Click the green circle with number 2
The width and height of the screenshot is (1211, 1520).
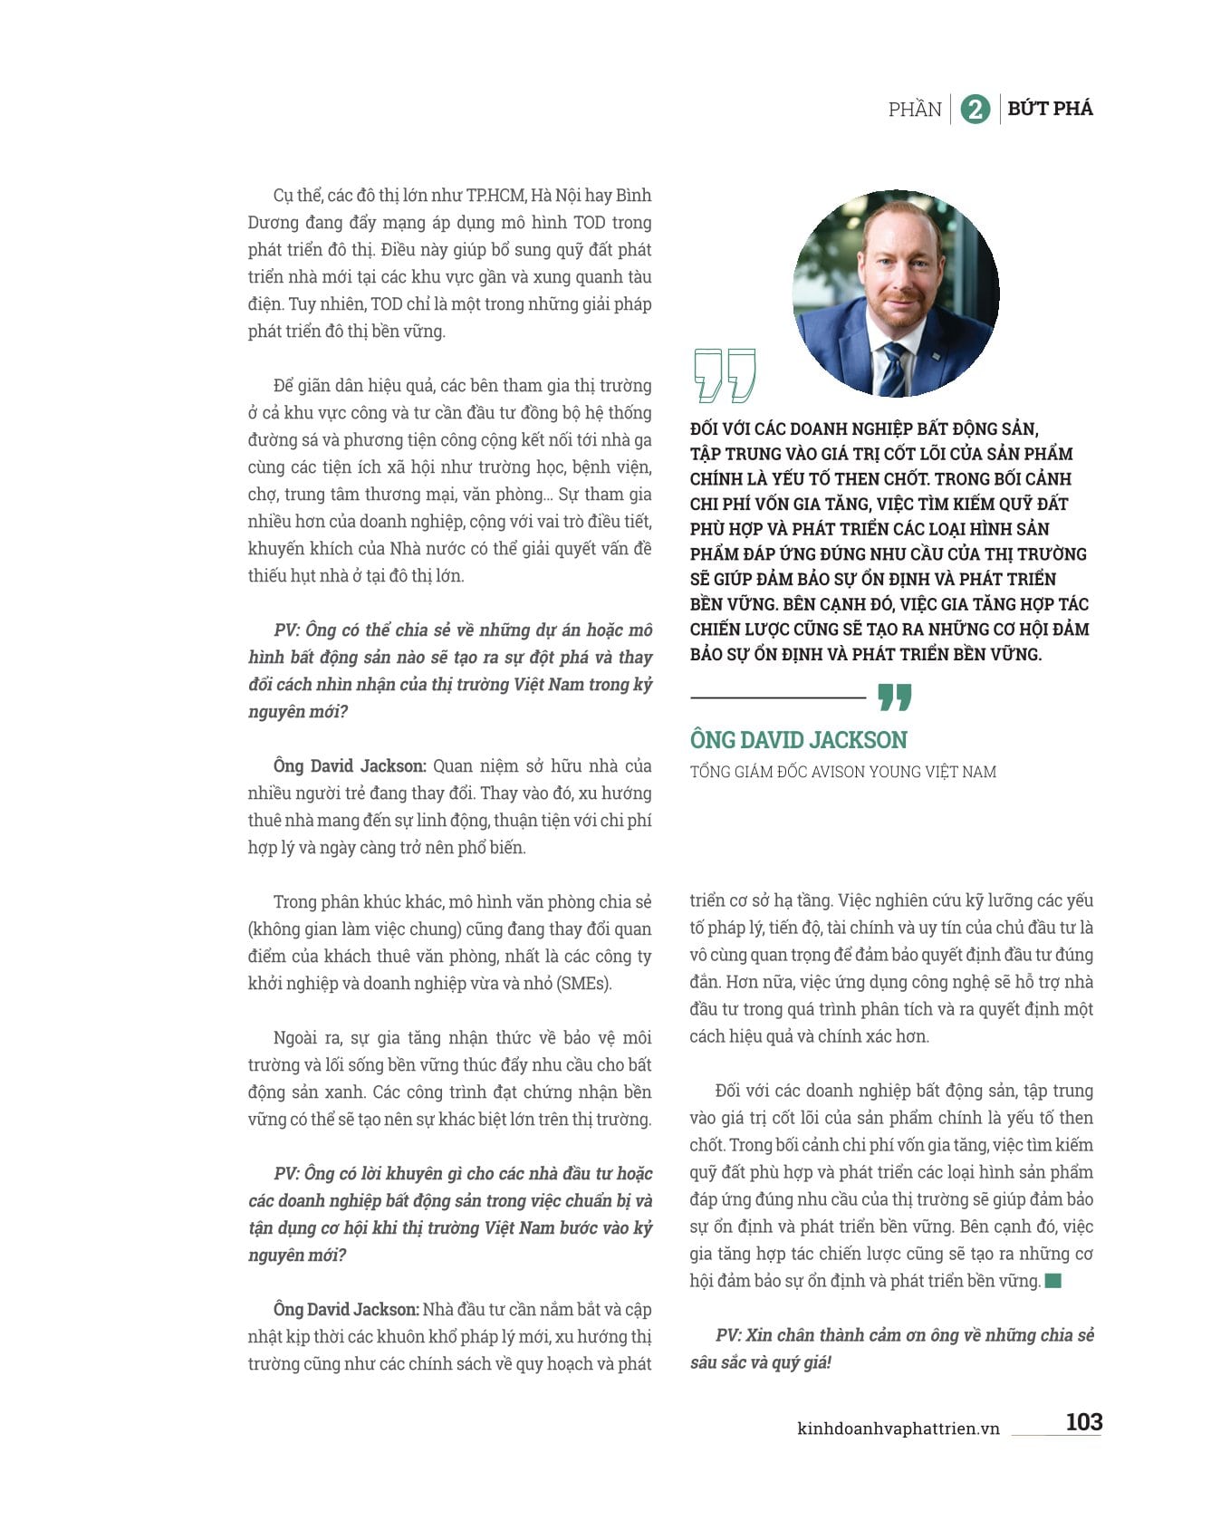pyautogui.click(x=975, y=110)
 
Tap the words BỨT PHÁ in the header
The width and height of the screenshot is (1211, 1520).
pyautogui.click(x=1050, y=109)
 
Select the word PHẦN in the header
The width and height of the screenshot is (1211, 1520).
pyautogui.click(x=915, y=110)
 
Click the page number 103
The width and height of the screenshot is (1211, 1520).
pyautogui.click(x=1083, y=1421)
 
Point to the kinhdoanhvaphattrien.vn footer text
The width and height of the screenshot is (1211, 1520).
pyautogui.click(x=898, y=1429)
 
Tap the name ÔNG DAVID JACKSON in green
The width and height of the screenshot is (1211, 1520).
pyautogui.click(x=798, y=740)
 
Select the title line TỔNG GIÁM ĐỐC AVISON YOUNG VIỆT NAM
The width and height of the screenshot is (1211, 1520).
pyautogui.click(x=842, y=772)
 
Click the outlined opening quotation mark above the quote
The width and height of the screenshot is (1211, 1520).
pyautogui.click(x=725, y=374)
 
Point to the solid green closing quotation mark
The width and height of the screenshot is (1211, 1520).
pyautogui.click(x=894, y=697)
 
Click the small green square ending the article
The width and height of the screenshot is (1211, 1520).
pyautogui.click(x=1052, y=1281)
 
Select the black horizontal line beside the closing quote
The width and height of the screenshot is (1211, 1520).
pyautogui.click(x=778, y=697)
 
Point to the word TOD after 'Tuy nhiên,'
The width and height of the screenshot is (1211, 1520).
pyautogui.click(x=387, y=304)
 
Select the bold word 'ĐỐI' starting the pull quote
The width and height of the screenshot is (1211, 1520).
pyautogui.click(x=707, y=429)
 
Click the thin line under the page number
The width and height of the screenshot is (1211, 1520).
pyautogui.click(x=1056, y=1436)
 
